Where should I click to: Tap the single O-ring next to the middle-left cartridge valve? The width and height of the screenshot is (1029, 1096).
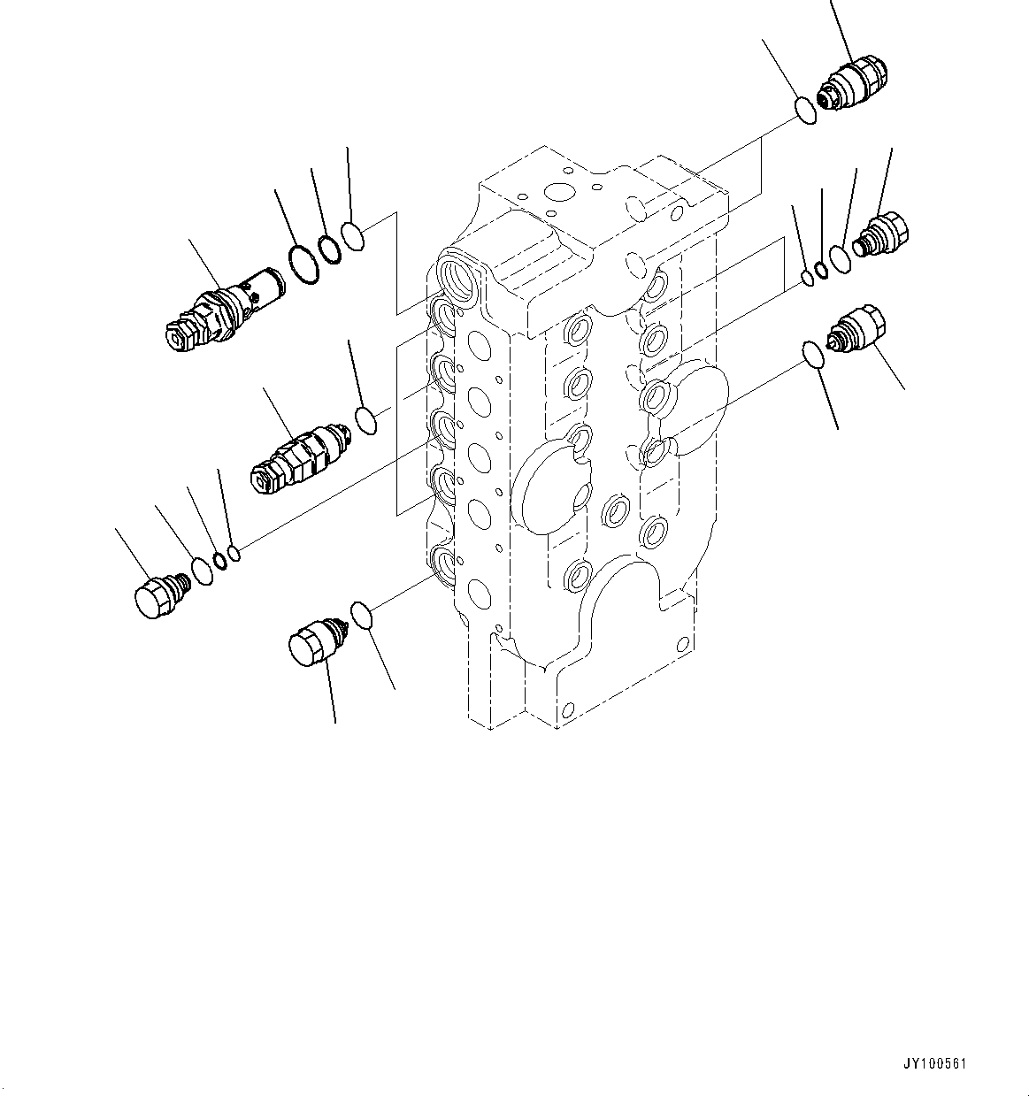366,420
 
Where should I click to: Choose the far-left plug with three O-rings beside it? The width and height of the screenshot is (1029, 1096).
159,594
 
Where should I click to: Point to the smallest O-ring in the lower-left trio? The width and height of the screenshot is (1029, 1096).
234,554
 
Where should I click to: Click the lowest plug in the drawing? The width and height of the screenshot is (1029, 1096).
313,640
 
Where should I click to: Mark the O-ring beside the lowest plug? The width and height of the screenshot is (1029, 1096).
362,614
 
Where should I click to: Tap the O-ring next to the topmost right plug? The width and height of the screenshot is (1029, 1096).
805,111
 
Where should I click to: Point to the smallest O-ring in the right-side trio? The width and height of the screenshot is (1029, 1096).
807,280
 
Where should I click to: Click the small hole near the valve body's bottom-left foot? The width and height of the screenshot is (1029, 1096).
566,709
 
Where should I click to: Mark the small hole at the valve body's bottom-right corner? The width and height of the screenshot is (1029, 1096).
681,643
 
